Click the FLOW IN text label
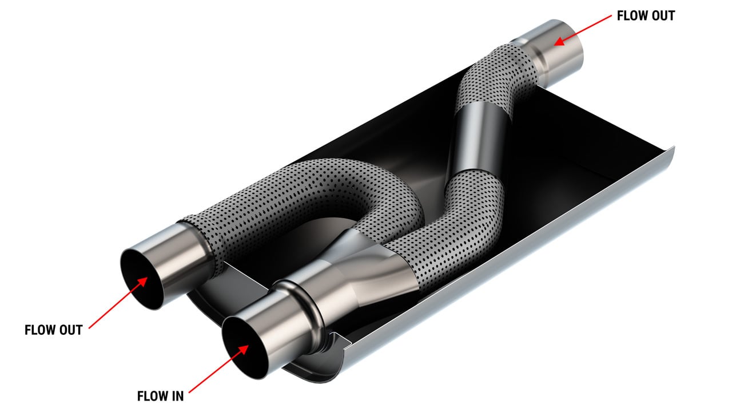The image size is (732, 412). [160, 395]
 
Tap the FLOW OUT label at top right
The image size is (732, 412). [646, 16]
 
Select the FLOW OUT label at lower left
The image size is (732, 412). [54, 330]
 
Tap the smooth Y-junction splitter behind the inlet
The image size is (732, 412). [366, 269]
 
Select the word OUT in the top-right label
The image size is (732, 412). [662, 16]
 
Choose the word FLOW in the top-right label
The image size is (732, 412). [630, 16]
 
